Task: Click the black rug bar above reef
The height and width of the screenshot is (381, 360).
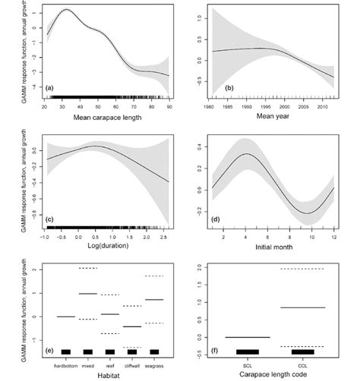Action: point(110,351)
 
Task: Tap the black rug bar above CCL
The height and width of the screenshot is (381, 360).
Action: point(303,351)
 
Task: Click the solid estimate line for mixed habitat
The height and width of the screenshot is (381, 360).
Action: point(87,293)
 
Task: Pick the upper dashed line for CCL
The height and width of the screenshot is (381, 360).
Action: point(303,269)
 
